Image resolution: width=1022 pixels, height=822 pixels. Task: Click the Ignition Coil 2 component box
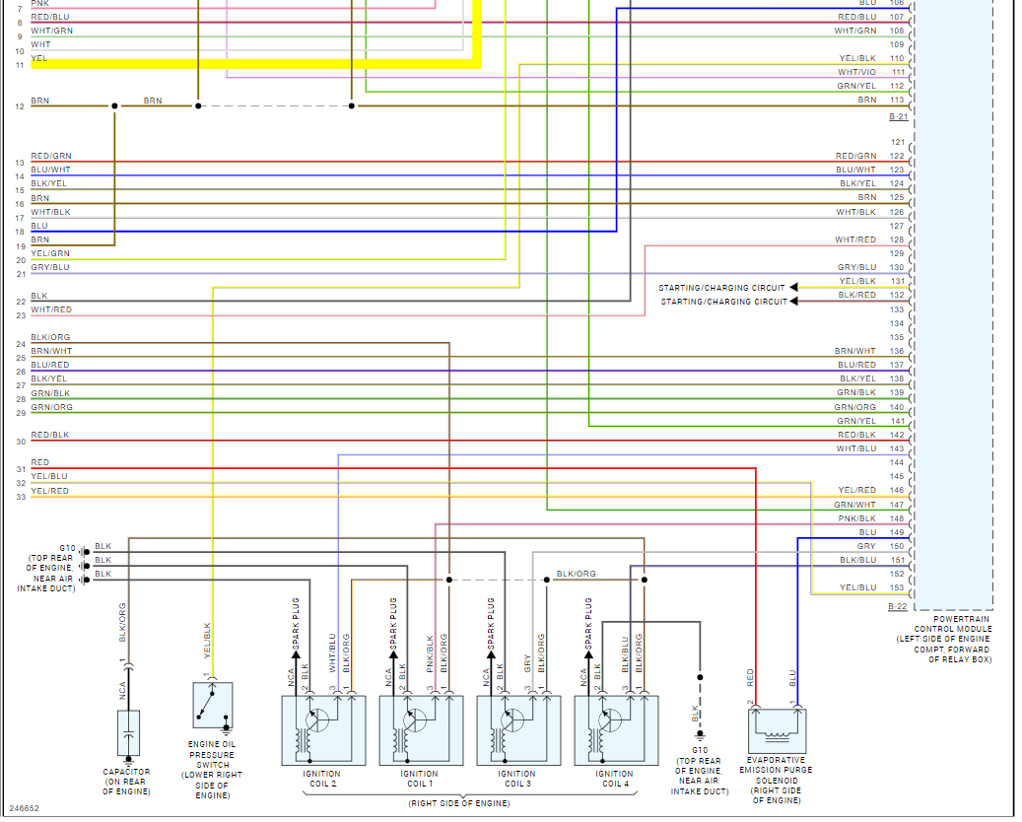[x=323, y=730]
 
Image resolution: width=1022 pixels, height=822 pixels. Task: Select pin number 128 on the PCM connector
[x=897, y=240]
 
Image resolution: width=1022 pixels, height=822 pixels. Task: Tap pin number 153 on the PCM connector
[x=897, y=587]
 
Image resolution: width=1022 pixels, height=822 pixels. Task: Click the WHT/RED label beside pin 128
[x=855, y=240]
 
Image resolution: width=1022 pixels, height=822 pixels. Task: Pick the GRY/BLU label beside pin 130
[x=856, y=267]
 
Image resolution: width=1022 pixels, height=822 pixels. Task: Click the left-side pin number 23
[x=21, y=315]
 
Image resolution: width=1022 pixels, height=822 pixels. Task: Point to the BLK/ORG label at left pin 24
[x=50, y=337]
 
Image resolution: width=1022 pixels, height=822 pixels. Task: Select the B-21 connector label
[x=897, y=116]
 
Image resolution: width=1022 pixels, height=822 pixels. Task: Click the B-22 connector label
[x=897, y=606]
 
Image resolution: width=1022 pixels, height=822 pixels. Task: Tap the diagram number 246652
[x=25, y=808]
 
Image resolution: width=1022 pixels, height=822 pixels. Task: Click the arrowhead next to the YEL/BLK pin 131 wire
[x=794, y=288]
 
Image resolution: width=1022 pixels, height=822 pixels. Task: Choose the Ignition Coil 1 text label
[x=420, y=779]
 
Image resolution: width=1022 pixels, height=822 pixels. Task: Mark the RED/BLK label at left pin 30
[x=49, y=435]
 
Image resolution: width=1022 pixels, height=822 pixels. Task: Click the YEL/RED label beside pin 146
[x=856, y=490]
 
